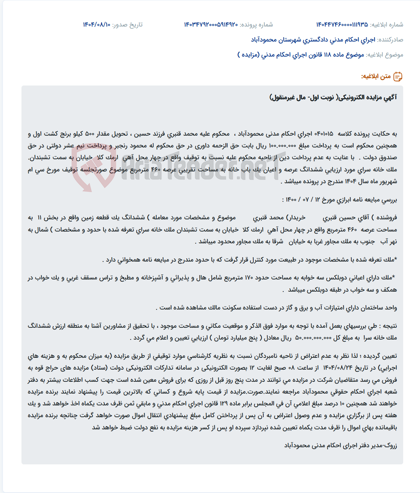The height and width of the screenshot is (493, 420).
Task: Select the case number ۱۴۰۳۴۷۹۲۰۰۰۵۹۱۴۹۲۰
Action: [x=211, y=25]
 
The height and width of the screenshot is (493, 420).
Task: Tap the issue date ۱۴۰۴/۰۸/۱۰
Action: [x=97, y=25]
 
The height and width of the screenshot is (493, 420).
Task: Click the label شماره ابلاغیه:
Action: [x=386, y=25]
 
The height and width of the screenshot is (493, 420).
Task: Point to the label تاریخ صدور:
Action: [x=127, y=25]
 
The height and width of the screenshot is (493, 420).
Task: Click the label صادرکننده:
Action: [x=390, y=40]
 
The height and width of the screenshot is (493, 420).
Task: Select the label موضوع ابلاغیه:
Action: [x=385, y=55]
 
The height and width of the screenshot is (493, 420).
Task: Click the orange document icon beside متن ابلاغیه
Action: [x=398, y=77]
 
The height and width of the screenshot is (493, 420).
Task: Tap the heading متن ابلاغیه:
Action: [x=376, y=77]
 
